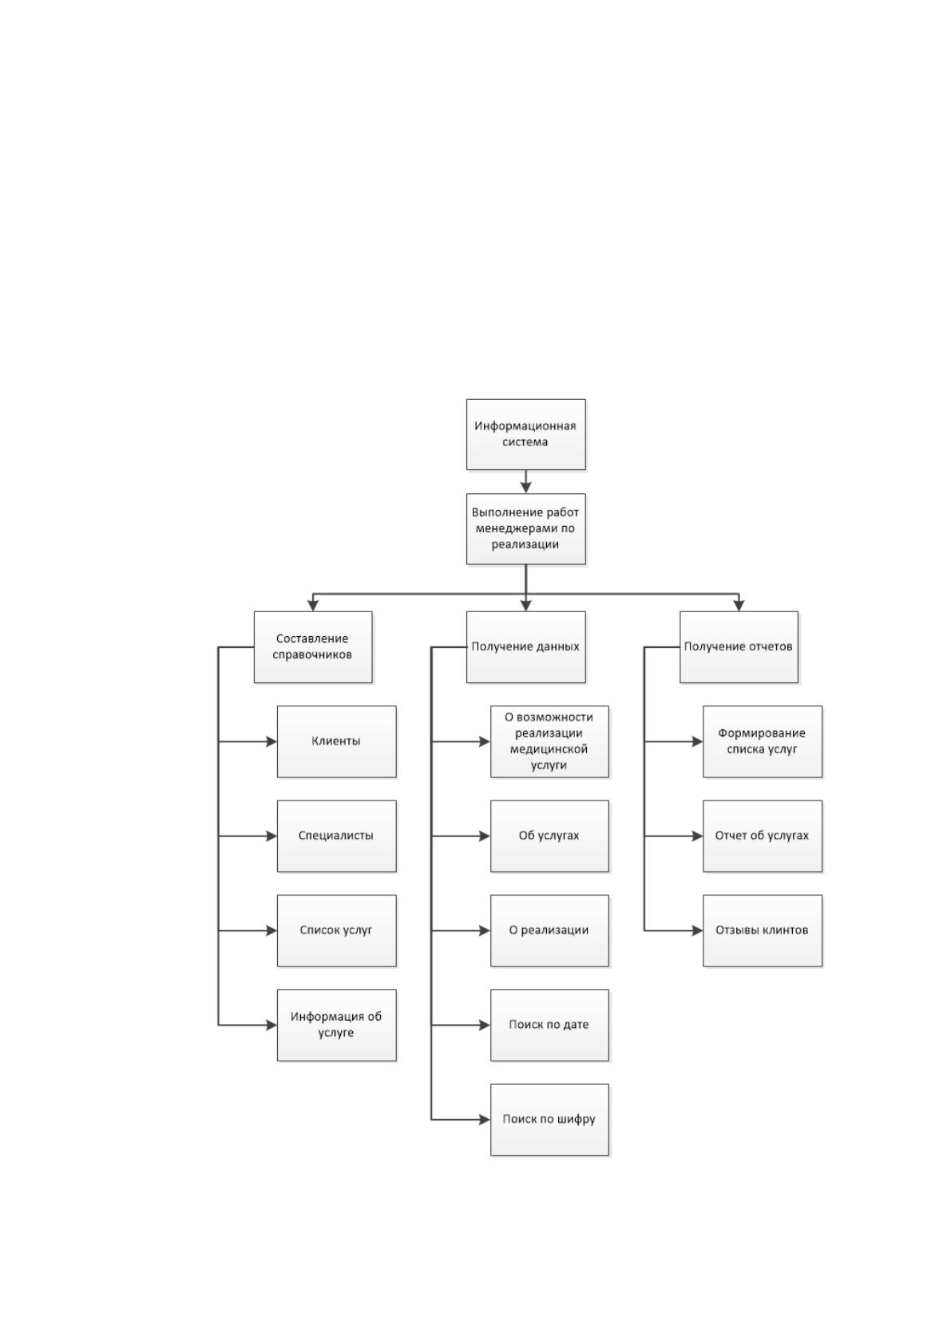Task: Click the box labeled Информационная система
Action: [x=526, y=434]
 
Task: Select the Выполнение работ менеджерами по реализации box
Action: [x=526, y=528]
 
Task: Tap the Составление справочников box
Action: [x=313, y=646]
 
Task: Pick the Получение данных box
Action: [x=526, y=646]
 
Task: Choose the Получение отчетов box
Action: [x=739, y=646]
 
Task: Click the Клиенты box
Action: [x=337, y=741]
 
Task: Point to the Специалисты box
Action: [x=337, y=836]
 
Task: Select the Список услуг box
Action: [x=337, y=931]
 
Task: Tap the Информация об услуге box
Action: [x=337, y=1025]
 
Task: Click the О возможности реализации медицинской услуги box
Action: [x=549, y=741]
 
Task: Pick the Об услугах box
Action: [x=549, y=836]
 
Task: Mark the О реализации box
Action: [x=549, y=931]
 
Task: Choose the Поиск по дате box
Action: [x=549, y=1025]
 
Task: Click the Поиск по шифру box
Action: [x=549, y=1120]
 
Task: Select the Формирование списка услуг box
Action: [x=763, y=741]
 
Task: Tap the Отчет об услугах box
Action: [x=763, y=836]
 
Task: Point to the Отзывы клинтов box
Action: [x=763, y=931]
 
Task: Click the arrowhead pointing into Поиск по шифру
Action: [x=485, y=1120]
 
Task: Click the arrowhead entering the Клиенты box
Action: [x=272, y=741]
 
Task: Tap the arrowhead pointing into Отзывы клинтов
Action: [x=698, y=931]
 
